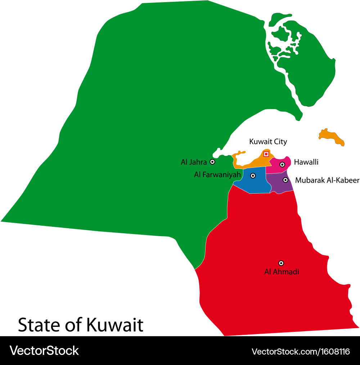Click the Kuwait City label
(268, 141)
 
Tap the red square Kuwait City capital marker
(266, 154)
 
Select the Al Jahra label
(194, 162)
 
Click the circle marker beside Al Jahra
(212, 162)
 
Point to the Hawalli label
(306, 162)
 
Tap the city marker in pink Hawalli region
(282, 165)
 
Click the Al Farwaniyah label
(217, 175)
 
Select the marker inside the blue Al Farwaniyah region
(253, 176)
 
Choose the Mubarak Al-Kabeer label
(327, 180)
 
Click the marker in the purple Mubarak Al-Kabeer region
(285, 180)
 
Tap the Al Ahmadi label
(282, 272)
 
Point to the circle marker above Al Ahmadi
(281, 263)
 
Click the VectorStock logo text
(44, 350)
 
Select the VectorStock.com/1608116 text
(301, 351)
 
